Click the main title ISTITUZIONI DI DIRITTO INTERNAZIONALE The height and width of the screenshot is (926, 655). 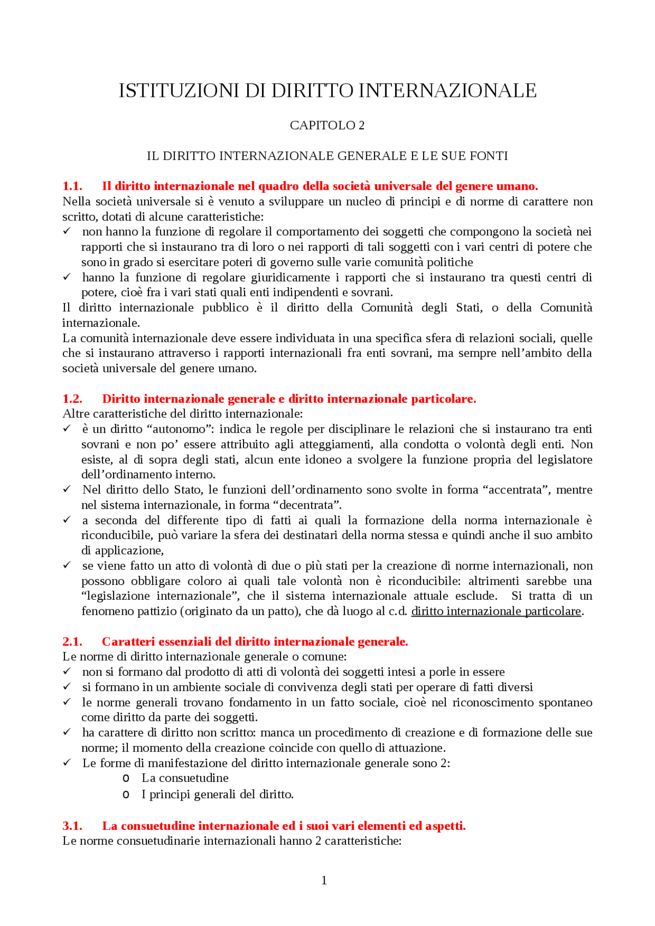(x=327, y=91)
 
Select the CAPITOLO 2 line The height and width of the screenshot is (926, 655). (x=327, y=125)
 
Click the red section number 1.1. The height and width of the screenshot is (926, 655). (x=72, y=186)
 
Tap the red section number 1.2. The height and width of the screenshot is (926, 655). (x=72, y=399)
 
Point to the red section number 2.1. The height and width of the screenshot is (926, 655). (x=72, y=642)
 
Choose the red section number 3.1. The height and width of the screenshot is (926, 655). (x=72, y=826)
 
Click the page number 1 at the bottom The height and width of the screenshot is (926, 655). (x=324, y=880)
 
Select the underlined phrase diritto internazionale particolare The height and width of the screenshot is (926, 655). (x=496, y=612)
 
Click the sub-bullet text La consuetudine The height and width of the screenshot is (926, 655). (x=185, y=778)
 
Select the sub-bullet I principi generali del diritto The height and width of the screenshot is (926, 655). (x=217, y=795)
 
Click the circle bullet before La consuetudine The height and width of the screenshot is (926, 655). (x=126, y=779)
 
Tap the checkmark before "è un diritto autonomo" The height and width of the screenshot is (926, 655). (x=67, y=428)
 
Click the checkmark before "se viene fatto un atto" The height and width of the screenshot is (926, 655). (x=67, y=565)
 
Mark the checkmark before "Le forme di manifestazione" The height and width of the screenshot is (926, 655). (x=67, y=762)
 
